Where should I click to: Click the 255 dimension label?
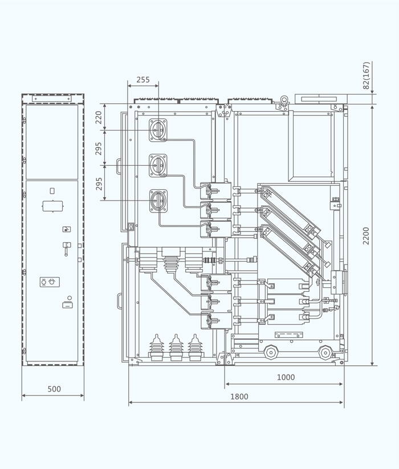[x=143, y=80]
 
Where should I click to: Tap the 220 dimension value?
[x=99, y=117]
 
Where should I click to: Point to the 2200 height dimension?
[x=367, y=235]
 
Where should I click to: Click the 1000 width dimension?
[x=286, y=377]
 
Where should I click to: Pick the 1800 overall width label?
[x=239, y=397]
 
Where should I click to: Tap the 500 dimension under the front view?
[x=54, y=389]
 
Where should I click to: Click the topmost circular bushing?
[x=158, y=130]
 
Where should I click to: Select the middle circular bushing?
[x=158, y=165]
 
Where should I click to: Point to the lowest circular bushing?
[x=158, y=201]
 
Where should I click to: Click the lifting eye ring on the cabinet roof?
[x=281, y=104]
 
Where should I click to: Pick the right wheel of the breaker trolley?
[x=325, y=352]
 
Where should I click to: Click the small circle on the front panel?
[x=70, y=297]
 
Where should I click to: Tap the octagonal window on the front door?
[x=52, y=206]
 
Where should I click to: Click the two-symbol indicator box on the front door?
[x=50, y=282]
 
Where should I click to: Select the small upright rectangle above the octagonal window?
[x=52, y=191]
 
